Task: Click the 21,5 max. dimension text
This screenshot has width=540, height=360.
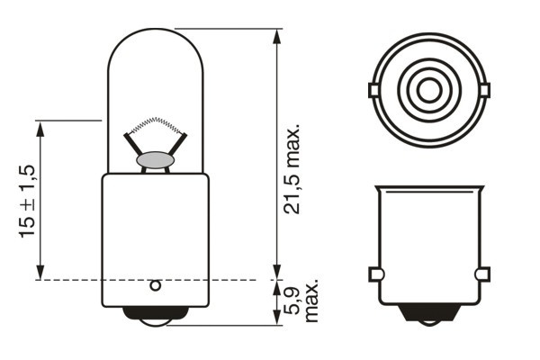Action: [x=293, y=170]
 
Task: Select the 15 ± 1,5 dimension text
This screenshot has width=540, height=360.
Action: [x=26, y=201]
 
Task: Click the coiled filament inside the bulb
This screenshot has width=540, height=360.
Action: [x=157, y=125]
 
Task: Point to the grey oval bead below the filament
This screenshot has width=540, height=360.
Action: [x=156, y=160]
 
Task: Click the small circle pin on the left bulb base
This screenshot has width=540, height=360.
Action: [x=155, y=286]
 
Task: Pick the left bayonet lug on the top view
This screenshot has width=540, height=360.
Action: [x=373, y=90]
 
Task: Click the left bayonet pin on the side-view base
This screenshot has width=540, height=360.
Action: [x=375, y=274]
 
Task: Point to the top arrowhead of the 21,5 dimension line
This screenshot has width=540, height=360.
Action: [x=276, y=34]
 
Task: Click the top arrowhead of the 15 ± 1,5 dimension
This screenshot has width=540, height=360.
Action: [x=40, y=127]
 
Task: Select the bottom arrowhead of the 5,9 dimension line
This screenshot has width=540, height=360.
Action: [x=276, y=319]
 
